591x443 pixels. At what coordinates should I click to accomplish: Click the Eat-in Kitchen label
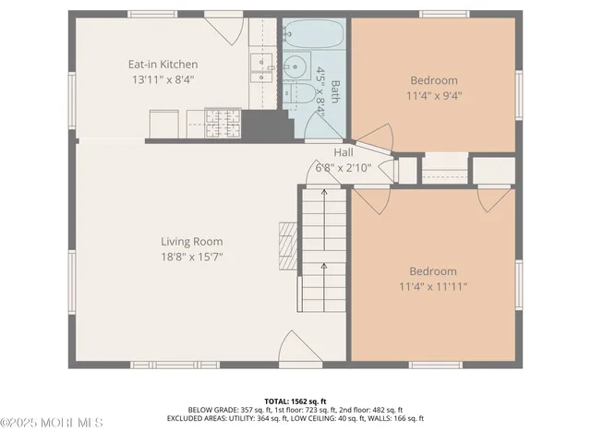(163, 65)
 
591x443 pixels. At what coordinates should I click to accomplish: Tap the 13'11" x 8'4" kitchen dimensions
(163, 80)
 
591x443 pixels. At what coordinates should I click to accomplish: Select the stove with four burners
(222, 122)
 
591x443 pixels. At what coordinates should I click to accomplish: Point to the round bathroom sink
(295, 66)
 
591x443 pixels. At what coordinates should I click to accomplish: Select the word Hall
(344, 152)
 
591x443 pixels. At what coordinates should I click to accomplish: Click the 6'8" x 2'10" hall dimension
(344, 168)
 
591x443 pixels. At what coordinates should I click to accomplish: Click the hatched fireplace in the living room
(288, 245)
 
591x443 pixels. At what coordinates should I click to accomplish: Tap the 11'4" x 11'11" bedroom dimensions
(433, 287)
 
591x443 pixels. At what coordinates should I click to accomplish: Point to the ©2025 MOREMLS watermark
(52, 423)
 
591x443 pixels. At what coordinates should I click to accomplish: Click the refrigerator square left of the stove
(163, 124)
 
